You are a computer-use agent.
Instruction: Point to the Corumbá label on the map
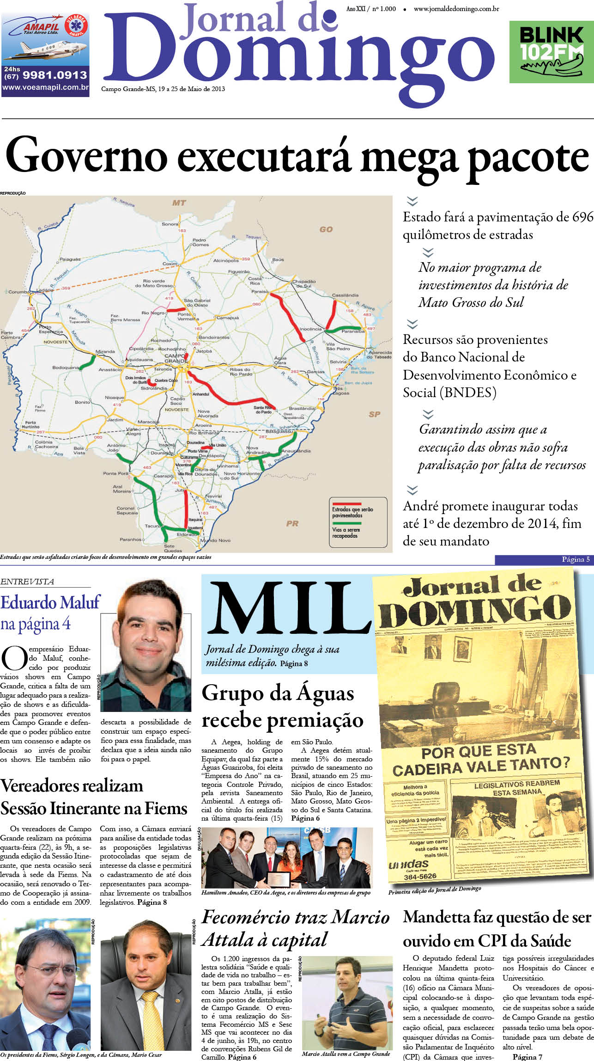[18, 292]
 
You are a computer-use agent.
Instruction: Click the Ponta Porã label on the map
[115, 473]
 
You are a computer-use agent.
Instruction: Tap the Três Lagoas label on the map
[341, 391]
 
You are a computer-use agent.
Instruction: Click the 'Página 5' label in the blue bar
[575, 559]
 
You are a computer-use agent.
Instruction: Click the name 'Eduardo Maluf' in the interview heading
[50, 603]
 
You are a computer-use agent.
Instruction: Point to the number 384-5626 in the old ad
[420, 876]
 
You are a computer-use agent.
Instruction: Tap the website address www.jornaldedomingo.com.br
[456, 9]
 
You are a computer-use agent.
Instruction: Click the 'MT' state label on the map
[179, 202]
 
